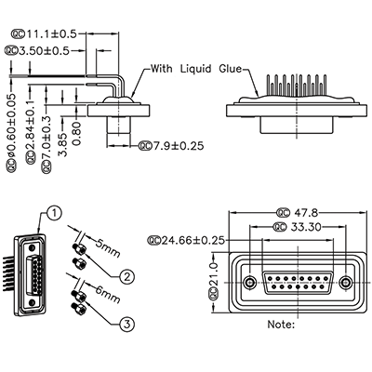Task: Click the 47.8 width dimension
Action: (295, 213)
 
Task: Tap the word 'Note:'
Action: (281, 325)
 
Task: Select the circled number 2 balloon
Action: (126, 275)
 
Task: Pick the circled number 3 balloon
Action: (126, 323)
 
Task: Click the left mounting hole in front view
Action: (249, 282)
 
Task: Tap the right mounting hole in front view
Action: (346, 282)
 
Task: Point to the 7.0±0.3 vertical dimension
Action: (46, 135)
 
